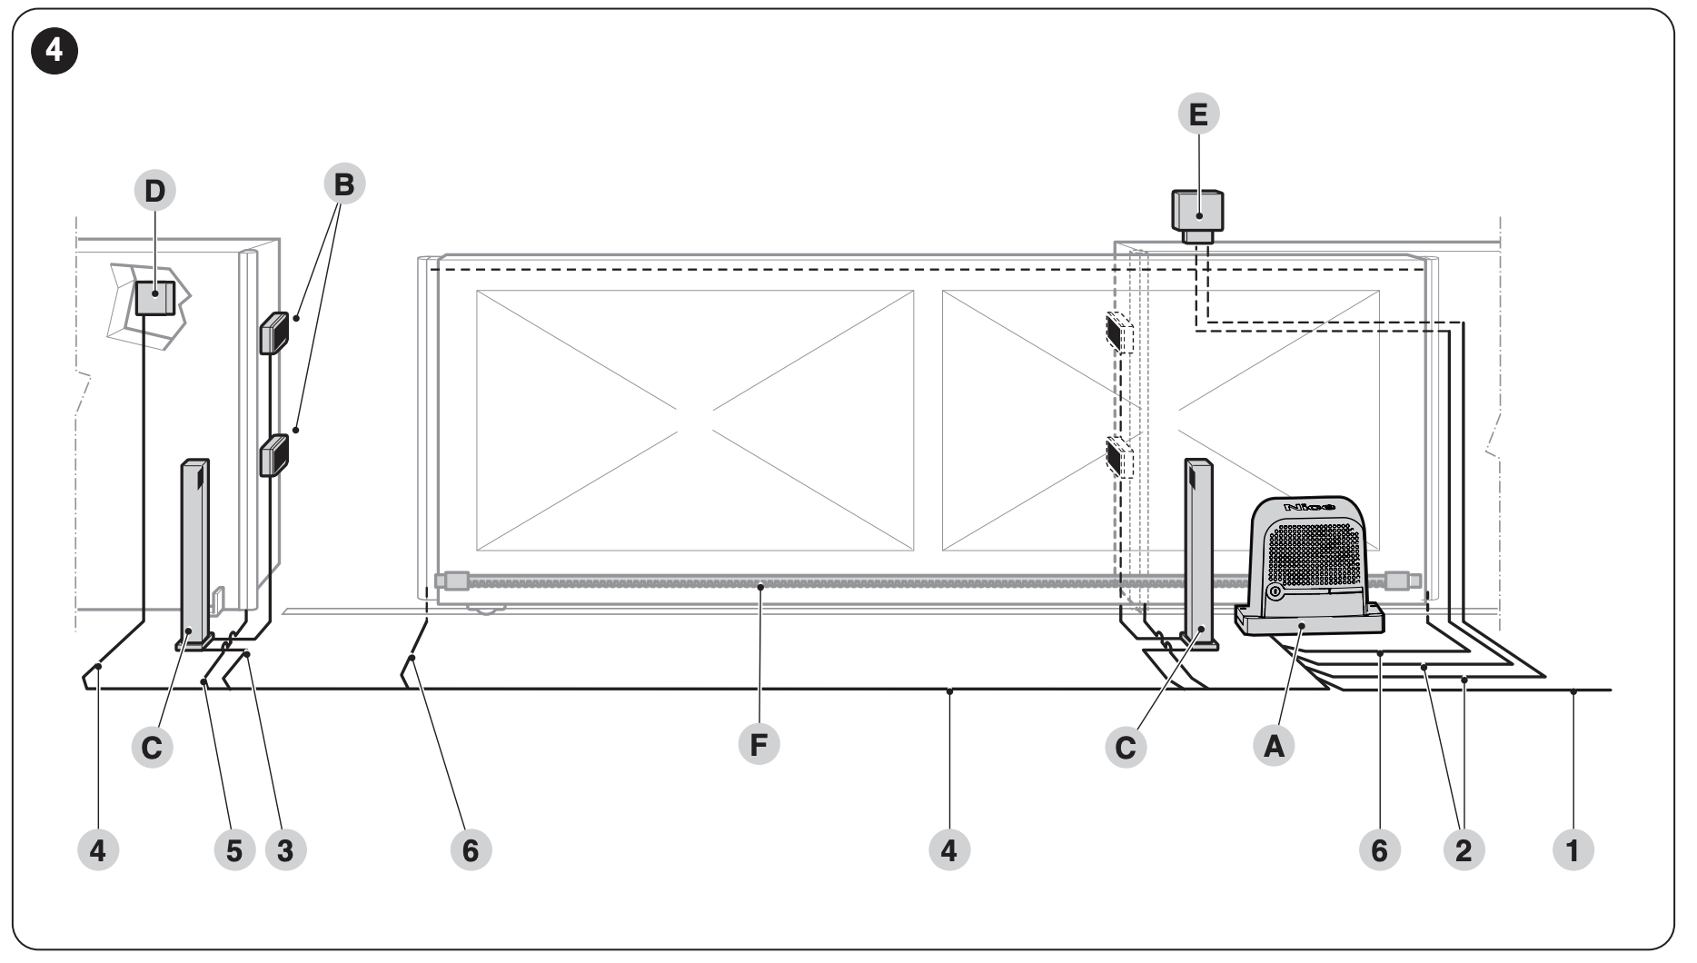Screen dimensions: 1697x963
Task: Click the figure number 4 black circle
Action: tap(55, 52)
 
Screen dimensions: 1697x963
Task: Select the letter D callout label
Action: tap(155, 191)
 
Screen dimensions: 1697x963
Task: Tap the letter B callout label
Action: tap(343, 184)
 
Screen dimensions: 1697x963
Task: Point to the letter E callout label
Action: tap(1198, 115)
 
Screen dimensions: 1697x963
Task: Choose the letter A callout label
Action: tap(1274, 746)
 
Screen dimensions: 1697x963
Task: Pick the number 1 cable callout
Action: tap(1573, 850)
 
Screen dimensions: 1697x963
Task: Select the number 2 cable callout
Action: tap(1463, 850)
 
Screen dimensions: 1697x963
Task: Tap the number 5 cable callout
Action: tap(234, 850)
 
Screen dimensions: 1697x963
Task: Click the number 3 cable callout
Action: tap(285, 850)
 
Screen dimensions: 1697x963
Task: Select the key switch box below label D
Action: tap(155, 298)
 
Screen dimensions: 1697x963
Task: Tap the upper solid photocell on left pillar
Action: tap(274, 333)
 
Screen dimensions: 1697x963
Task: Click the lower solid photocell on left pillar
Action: tap(274, 455)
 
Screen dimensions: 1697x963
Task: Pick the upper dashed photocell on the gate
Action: tap(1119, 333)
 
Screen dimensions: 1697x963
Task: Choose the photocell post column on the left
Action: tap(194, 553)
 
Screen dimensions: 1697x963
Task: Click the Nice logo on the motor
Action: tap(1309, 505)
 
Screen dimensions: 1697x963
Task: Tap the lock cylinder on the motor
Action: tap(1275, 592)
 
